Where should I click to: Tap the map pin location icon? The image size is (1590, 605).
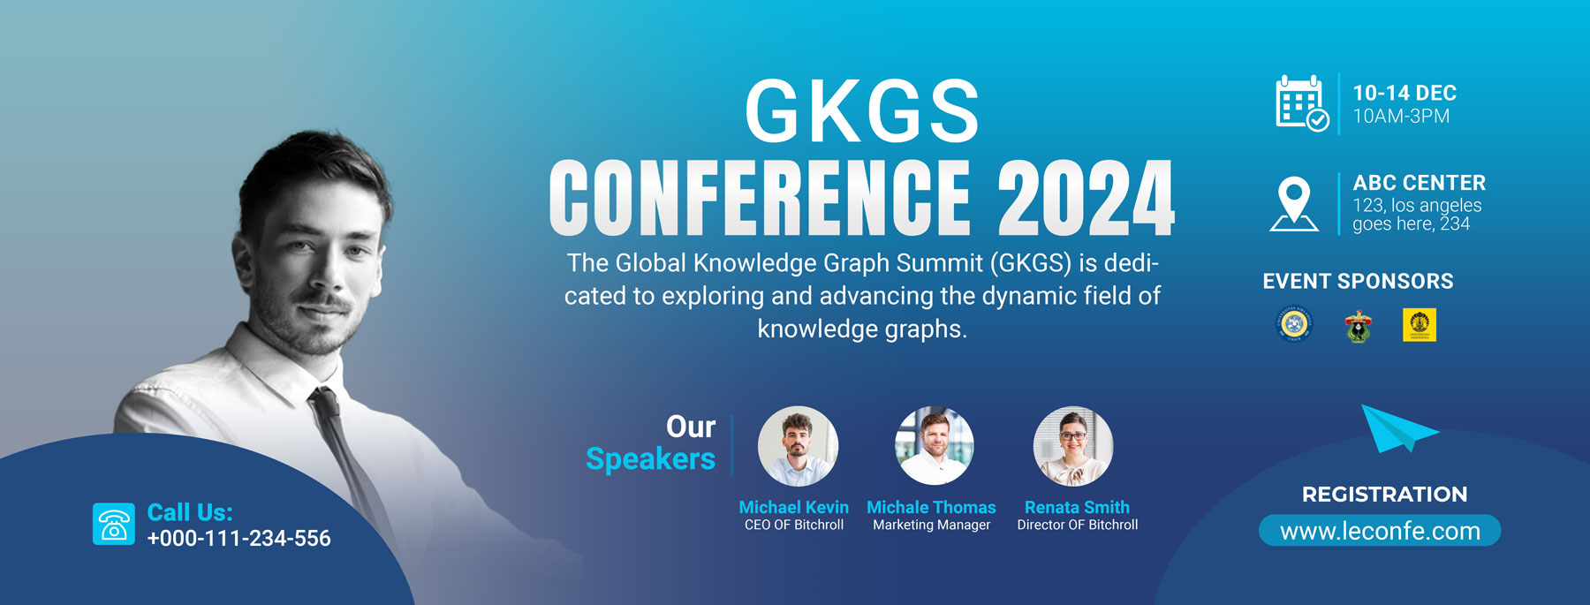1294,204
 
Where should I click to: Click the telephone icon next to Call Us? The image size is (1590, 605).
114,524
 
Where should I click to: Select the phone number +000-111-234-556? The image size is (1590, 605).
238,538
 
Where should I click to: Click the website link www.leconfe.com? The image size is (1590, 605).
1380,531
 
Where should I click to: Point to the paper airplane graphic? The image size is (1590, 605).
1396,428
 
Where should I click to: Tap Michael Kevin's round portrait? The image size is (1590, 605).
798,446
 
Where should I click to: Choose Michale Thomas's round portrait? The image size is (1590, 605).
935,446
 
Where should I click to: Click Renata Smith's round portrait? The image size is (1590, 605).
1073,446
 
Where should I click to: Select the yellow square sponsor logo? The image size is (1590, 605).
1420,325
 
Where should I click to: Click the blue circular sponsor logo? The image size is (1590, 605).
1295,324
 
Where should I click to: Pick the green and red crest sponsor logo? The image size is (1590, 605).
1358,326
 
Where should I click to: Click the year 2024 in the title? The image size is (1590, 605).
1086,198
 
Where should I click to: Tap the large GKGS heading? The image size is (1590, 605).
862,111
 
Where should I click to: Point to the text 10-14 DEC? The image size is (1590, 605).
1404,93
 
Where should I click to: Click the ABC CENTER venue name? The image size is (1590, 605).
1420,183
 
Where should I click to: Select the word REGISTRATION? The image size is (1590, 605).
1384,495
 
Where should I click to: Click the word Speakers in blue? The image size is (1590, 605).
651,459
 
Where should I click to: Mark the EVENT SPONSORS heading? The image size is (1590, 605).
1358,281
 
